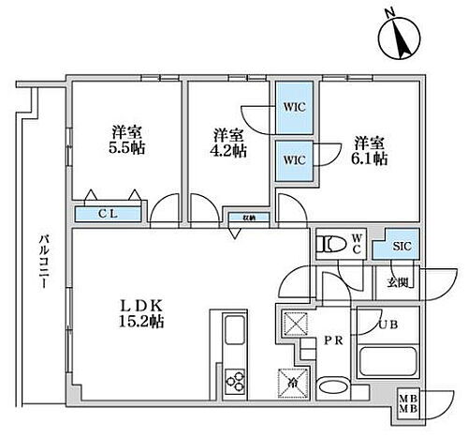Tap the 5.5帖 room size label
click(124, 150)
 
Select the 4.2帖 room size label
click(229, 150)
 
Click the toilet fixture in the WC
click(329, 245)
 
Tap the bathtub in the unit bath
click(389, 360)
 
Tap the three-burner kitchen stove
click(233, 380)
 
